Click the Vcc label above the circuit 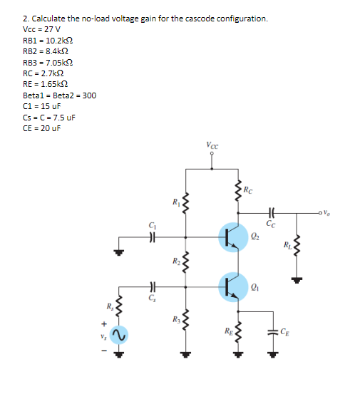click(212, 146)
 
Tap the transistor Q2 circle click(232, 237)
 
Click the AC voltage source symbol click(119, 334)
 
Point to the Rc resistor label click(247, 190)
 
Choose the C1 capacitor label click(151, 227)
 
